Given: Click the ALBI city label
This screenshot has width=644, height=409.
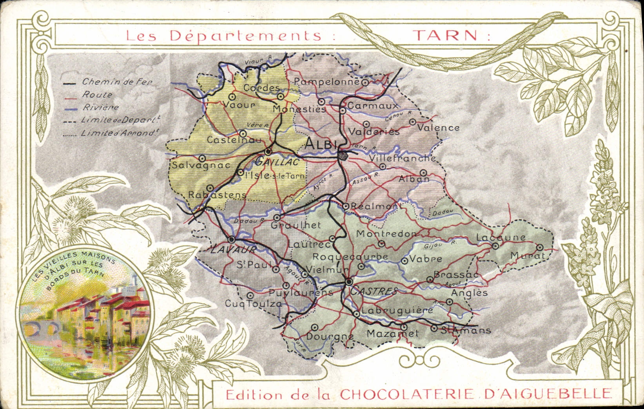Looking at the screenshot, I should (321, 144).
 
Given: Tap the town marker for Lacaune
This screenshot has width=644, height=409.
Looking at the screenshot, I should (495, 246).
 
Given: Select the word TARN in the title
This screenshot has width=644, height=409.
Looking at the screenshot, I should (446, 35).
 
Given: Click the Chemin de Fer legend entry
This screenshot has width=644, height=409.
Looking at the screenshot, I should (116, 82).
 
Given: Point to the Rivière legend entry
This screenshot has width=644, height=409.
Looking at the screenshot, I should (100, 107).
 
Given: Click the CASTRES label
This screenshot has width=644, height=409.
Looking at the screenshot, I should (374, 291).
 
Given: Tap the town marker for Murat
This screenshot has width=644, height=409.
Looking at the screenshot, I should (540, 247).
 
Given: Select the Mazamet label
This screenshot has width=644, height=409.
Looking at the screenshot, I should (392, 334).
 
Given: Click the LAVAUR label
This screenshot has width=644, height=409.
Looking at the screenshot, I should (233, 249).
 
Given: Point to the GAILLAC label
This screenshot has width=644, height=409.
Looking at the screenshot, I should (277, 161).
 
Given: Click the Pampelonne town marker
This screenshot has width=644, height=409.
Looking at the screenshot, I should (365, 82).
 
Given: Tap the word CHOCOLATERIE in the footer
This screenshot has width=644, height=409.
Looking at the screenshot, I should (409, 394).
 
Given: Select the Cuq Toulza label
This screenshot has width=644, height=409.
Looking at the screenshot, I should (253, 304).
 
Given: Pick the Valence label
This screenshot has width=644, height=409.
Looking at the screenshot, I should (438, 127).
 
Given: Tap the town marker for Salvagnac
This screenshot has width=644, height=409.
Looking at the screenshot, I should (202, 158).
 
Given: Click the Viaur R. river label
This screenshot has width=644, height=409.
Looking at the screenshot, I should (258, 60).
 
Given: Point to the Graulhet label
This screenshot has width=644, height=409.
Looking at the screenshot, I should (296, 225).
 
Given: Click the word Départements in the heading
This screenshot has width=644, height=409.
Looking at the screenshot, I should (245, 35).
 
